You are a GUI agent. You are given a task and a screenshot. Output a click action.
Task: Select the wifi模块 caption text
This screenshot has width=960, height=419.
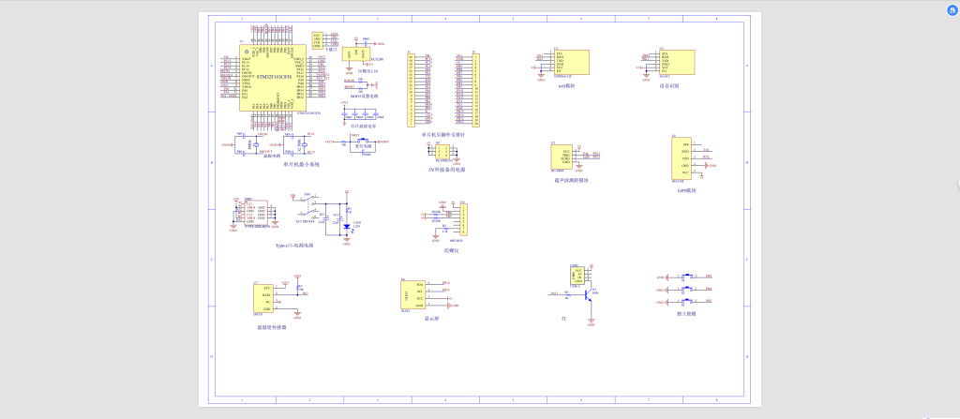[565, 85]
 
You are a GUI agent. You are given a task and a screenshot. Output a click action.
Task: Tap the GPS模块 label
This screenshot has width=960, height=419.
[685, 190]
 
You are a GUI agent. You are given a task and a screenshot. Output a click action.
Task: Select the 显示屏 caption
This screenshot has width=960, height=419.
[432, 319]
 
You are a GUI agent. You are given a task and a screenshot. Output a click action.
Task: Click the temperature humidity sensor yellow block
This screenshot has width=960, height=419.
[262, 299]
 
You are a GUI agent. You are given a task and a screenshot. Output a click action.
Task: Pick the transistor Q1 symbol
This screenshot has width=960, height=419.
[588, 294]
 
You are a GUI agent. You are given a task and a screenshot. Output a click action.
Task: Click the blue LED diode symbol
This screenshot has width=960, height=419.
[347, 226]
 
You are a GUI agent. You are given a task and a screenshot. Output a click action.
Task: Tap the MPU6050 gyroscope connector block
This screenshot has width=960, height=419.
[458, 221]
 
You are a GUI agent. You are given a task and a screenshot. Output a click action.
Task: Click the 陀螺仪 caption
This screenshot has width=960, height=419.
[452, 250]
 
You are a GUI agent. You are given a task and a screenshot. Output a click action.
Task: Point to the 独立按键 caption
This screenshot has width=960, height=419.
[685, 313]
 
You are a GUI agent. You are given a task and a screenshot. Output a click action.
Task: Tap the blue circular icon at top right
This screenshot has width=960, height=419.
[948, 7]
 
